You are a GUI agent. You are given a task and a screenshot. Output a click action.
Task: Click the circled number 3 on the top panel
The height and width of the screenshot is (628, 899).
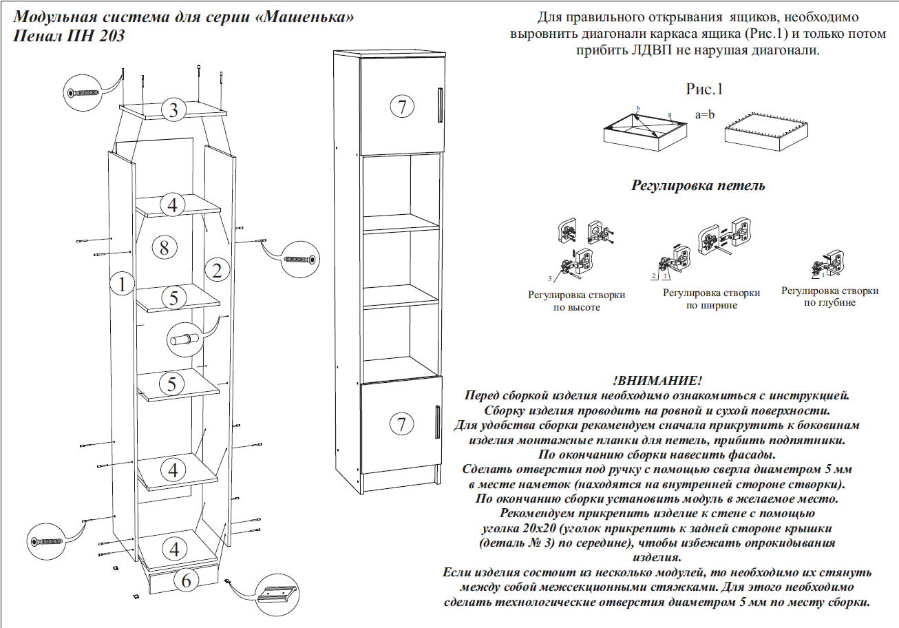pyautogui.click(x=174, y=109)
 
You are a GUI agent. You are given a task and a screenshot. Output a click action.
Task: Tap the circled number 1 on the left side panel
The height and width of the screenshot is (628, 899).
pyautogui.click(x=122, y=284)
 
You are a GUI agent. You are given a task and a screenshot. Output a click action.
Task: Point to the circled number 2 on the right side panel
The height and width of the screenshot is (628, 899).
pyautogui.click(x=217, y=271)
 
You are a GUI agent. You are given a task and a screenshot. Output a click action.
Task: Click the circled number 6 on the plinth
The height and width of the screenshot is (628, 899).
pyautogui.click(x=186, y=581)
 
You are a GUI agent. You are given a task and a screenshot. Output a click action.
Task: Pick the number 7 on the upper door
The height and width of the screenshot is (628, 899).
pyautogui.click(x=402, y=106)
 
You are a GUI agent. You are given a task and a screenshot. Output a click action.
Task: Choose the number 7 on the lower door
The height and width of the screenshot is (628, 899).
pyautogui.click(x=402, y=424)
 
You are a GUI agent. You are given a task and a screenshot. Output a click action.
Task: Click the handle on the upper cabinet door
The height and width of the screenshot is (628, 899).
pyautogui.click(x=438, y=105)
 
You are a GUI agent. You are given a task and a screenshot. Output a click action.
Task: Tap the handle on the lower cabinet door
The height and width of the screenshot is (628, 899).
pyautogui.click(x=438, y=422)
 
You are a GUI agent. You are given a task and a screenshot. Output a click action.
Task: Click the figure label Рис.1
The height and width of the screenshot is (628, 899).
pyautogui.click(x=705, y=89)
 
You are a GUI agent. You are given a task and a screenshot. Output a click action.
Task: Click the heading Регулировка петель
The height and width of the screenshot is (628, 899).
pyautogui.click(x=698, y=186)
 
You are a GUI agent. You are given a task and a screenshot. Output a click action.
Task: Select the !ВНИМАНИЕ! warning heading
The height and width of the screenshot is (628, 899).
pyautogui.click(x=657, y=381)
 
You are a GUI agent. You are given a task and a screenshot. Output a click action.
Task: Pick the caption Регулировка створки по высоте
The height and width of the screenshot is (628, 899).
pyautogui.click(x=577, y=301)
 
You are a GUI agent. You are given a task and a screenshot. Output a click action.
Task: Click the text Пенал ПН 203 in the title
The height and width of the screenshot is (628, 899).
pyautogui.click(x=70, y=36)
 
